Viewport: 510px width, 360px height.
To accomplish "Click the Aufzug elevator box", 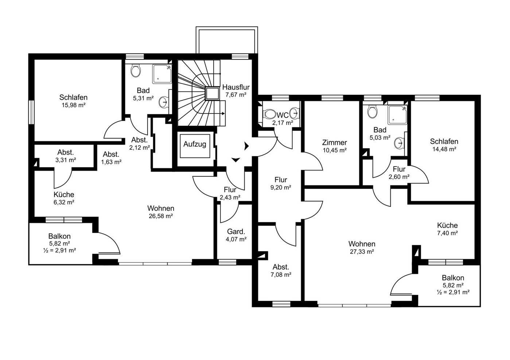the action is [x=195, y=146].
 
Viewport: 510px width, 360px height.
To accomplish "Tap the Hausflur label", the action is [x=236, y=87].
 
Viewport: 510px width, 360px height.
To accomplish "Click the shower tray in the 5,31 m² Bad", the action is [x=161, y=74].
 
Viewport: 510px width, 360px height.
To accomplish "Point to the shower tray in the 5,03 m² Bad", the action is [x=397, y=115].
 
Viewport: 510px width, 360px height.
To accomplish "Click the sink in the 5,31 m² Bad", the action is [x=163, y=102].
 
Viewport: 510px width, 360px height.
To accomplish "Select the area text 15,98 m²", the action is [x=74, y=105].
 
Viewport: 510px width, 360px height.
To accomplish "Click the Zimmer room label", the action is [x=334, y=143].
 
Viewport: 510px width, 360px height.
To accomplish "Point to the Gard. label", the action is [x=236, y=232].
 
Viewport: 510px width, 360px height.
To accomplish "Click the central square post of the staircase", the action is [x=212, y=94].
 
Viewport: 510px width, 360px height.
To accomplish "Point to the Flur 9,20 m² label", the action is [x=281, y=183].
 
